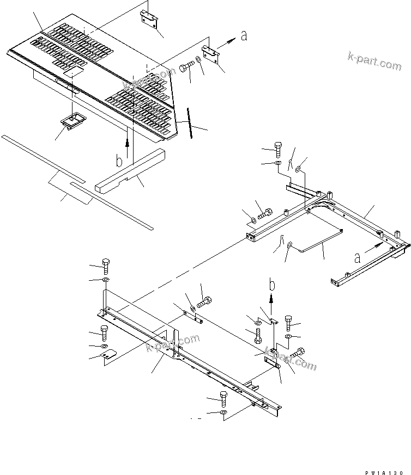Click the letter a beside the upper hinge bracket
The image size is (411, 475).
tap(244, 36)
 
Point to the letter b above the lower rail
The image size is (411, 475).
tap(271, 284)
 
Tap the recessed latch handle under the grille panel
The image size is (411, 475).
tap(72, 121)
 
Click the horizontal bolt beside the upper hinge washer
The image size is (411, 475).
tap(186, 69)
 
